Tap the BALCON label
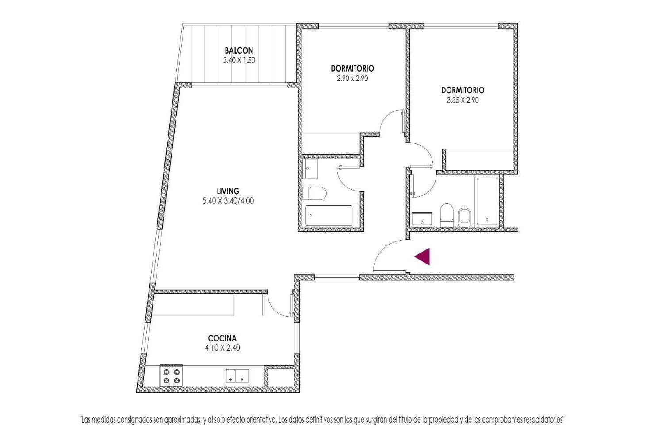point(239,50)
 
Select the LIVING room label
point(228,191)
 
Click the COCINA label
point(222,338)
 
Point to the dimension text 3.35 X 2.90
point(463,100)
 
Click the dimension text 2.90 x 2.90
point(352,78)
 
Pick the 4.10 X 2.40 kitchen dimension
point(222,348)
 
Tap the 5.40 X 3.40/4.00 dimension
point(228,201)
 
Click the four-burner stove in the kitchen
point(171,375)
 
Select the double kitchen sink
point(237,376)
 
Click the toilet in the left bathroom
point(314,193)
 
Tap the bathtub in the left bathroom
point(329,215)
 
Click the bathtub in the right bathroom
point(487,201)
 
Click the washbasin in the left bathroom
point(310,168)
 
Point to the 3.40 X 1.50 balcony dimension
point(239,61)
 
